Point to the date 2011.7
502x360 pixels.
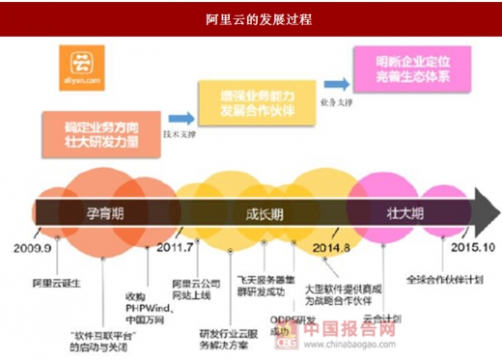pos(176,247)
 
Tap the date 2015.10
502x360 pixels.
pos(465,247)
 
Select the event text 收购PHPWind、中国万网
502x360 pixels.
pos(136,281)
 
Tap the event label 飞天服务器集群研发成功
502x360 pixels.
pos(261,283)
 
